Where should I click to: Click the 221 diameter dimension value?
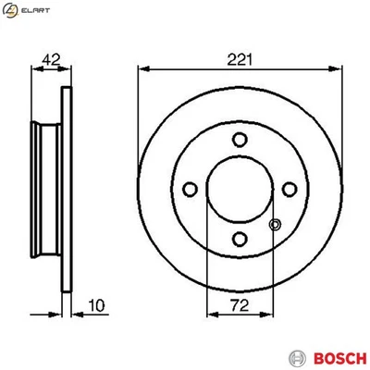[240, 58]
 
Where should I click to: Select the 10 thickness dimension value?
[94, 304]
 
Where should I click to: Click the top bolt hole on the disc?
[240, 140]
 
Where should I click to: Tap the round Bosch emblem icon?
[296, 356]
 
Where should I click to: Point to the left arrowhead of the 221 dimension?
[142, 69]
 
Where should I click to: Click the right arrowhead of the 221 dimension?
[338, 69]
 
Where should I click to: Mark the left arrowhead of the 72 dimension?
[209, 316]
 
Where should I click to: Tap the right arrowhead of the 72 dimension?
[271, 316]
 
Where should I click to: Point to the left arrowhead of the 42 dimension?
[33, 69]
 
